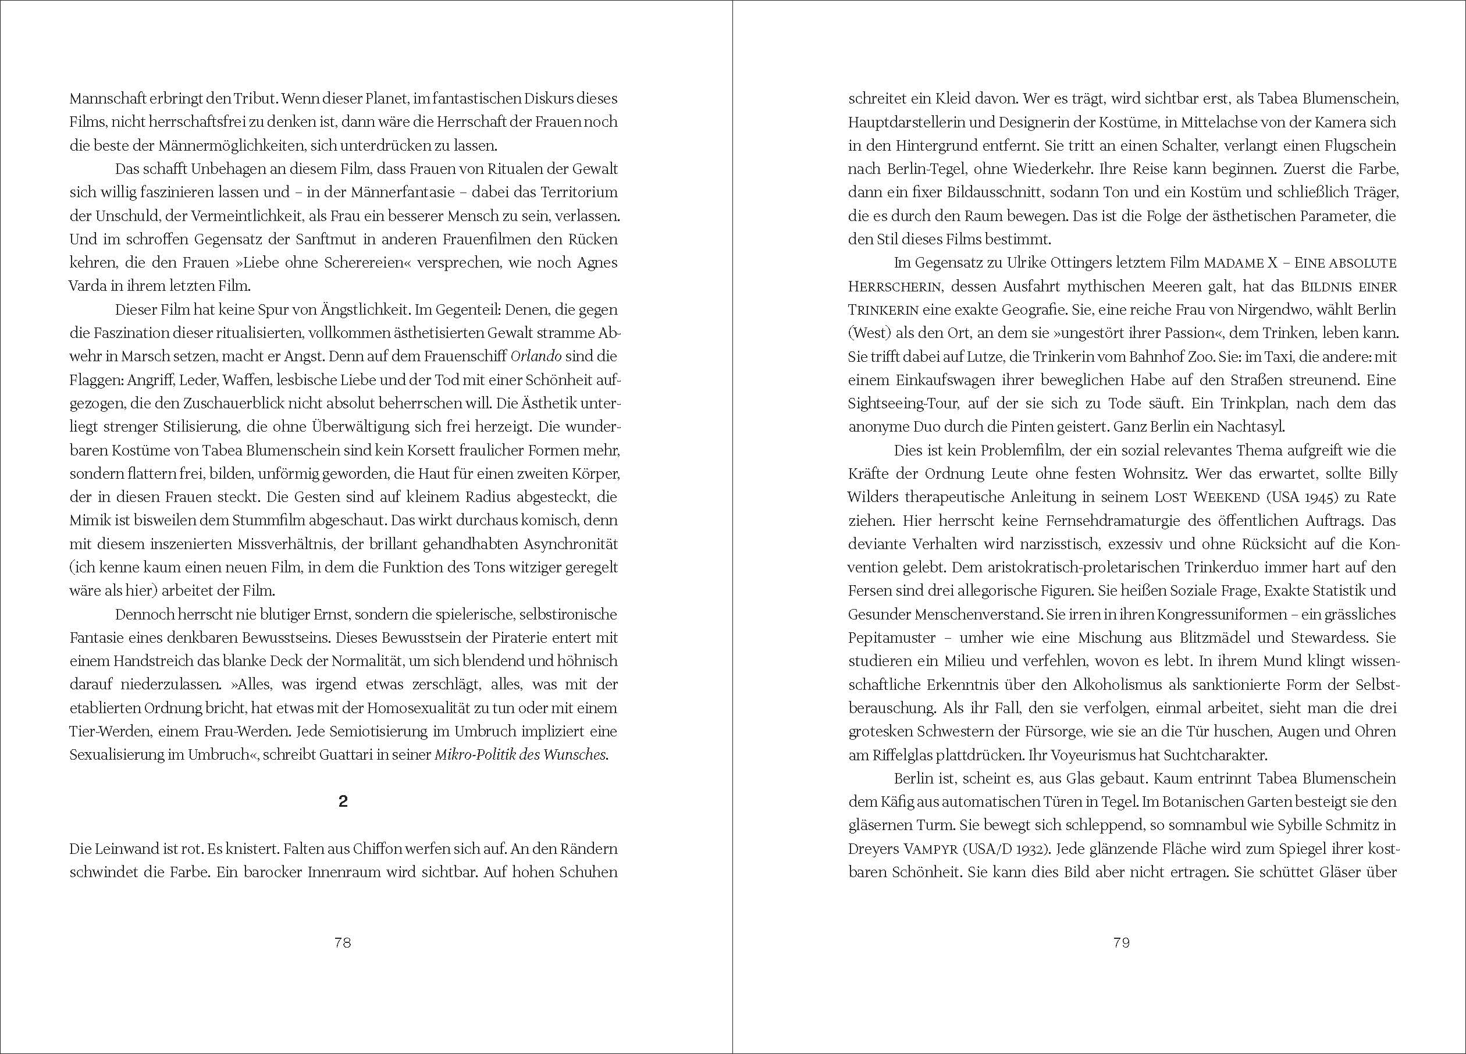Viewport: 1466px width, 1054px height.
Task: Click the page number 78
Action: [x=343, y=943]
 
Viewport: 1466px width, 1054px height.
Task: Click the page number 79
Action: [x=1122, y=943]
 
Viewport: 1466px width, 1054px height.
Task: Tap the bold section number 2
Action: [x=343, y=802]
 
